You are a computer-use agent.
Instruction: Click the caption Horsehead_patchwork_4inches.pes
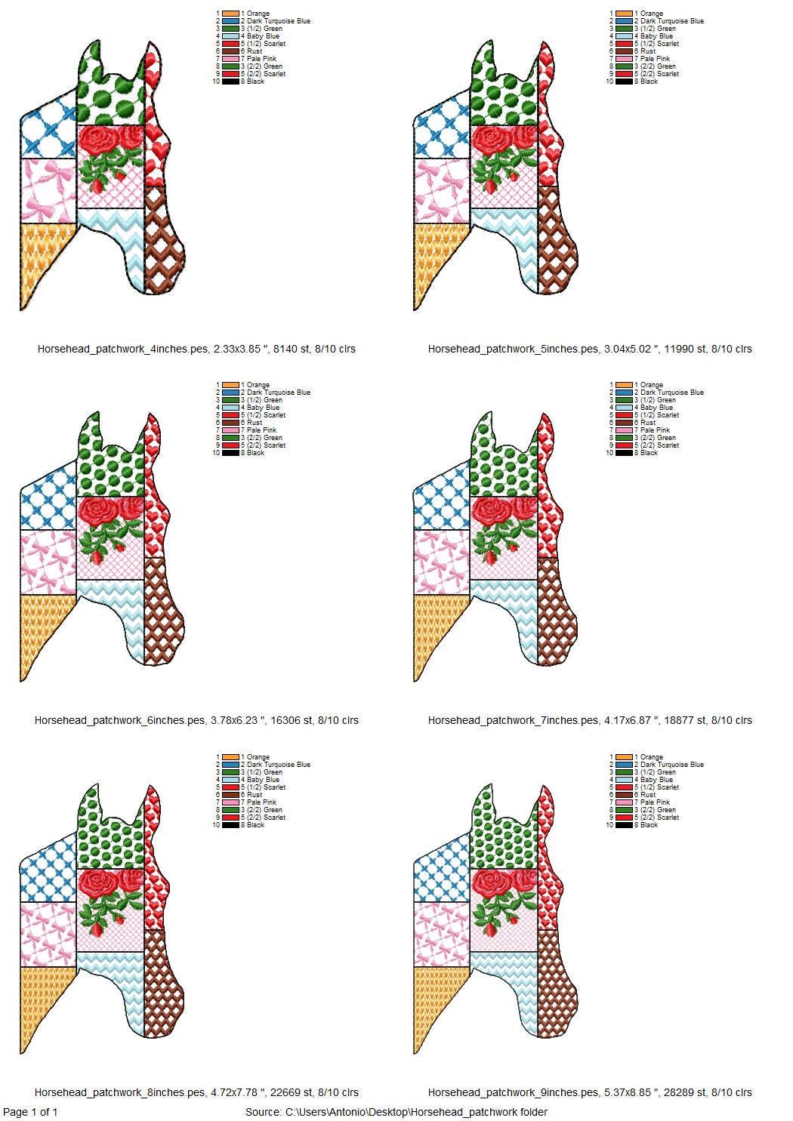[196, 349]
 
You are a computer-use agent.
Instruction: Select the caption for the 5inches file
[590, 349]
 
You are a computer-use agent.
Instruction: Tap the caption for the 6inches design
[196, 720]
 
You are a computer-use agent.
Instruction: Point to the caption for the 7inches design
[590, 720]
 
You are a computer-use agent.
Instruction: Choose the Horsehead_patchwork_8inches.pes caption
[196, 1092]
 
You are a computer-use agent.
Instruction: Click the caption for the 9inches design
[590, 1092]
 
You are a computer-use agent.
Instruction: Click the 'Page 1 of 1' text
[30, 1112]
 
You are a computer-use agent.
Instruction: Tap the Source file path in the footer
[396, 1112]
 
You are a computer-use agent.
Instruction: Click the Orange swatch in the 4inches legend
[230, 14]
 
